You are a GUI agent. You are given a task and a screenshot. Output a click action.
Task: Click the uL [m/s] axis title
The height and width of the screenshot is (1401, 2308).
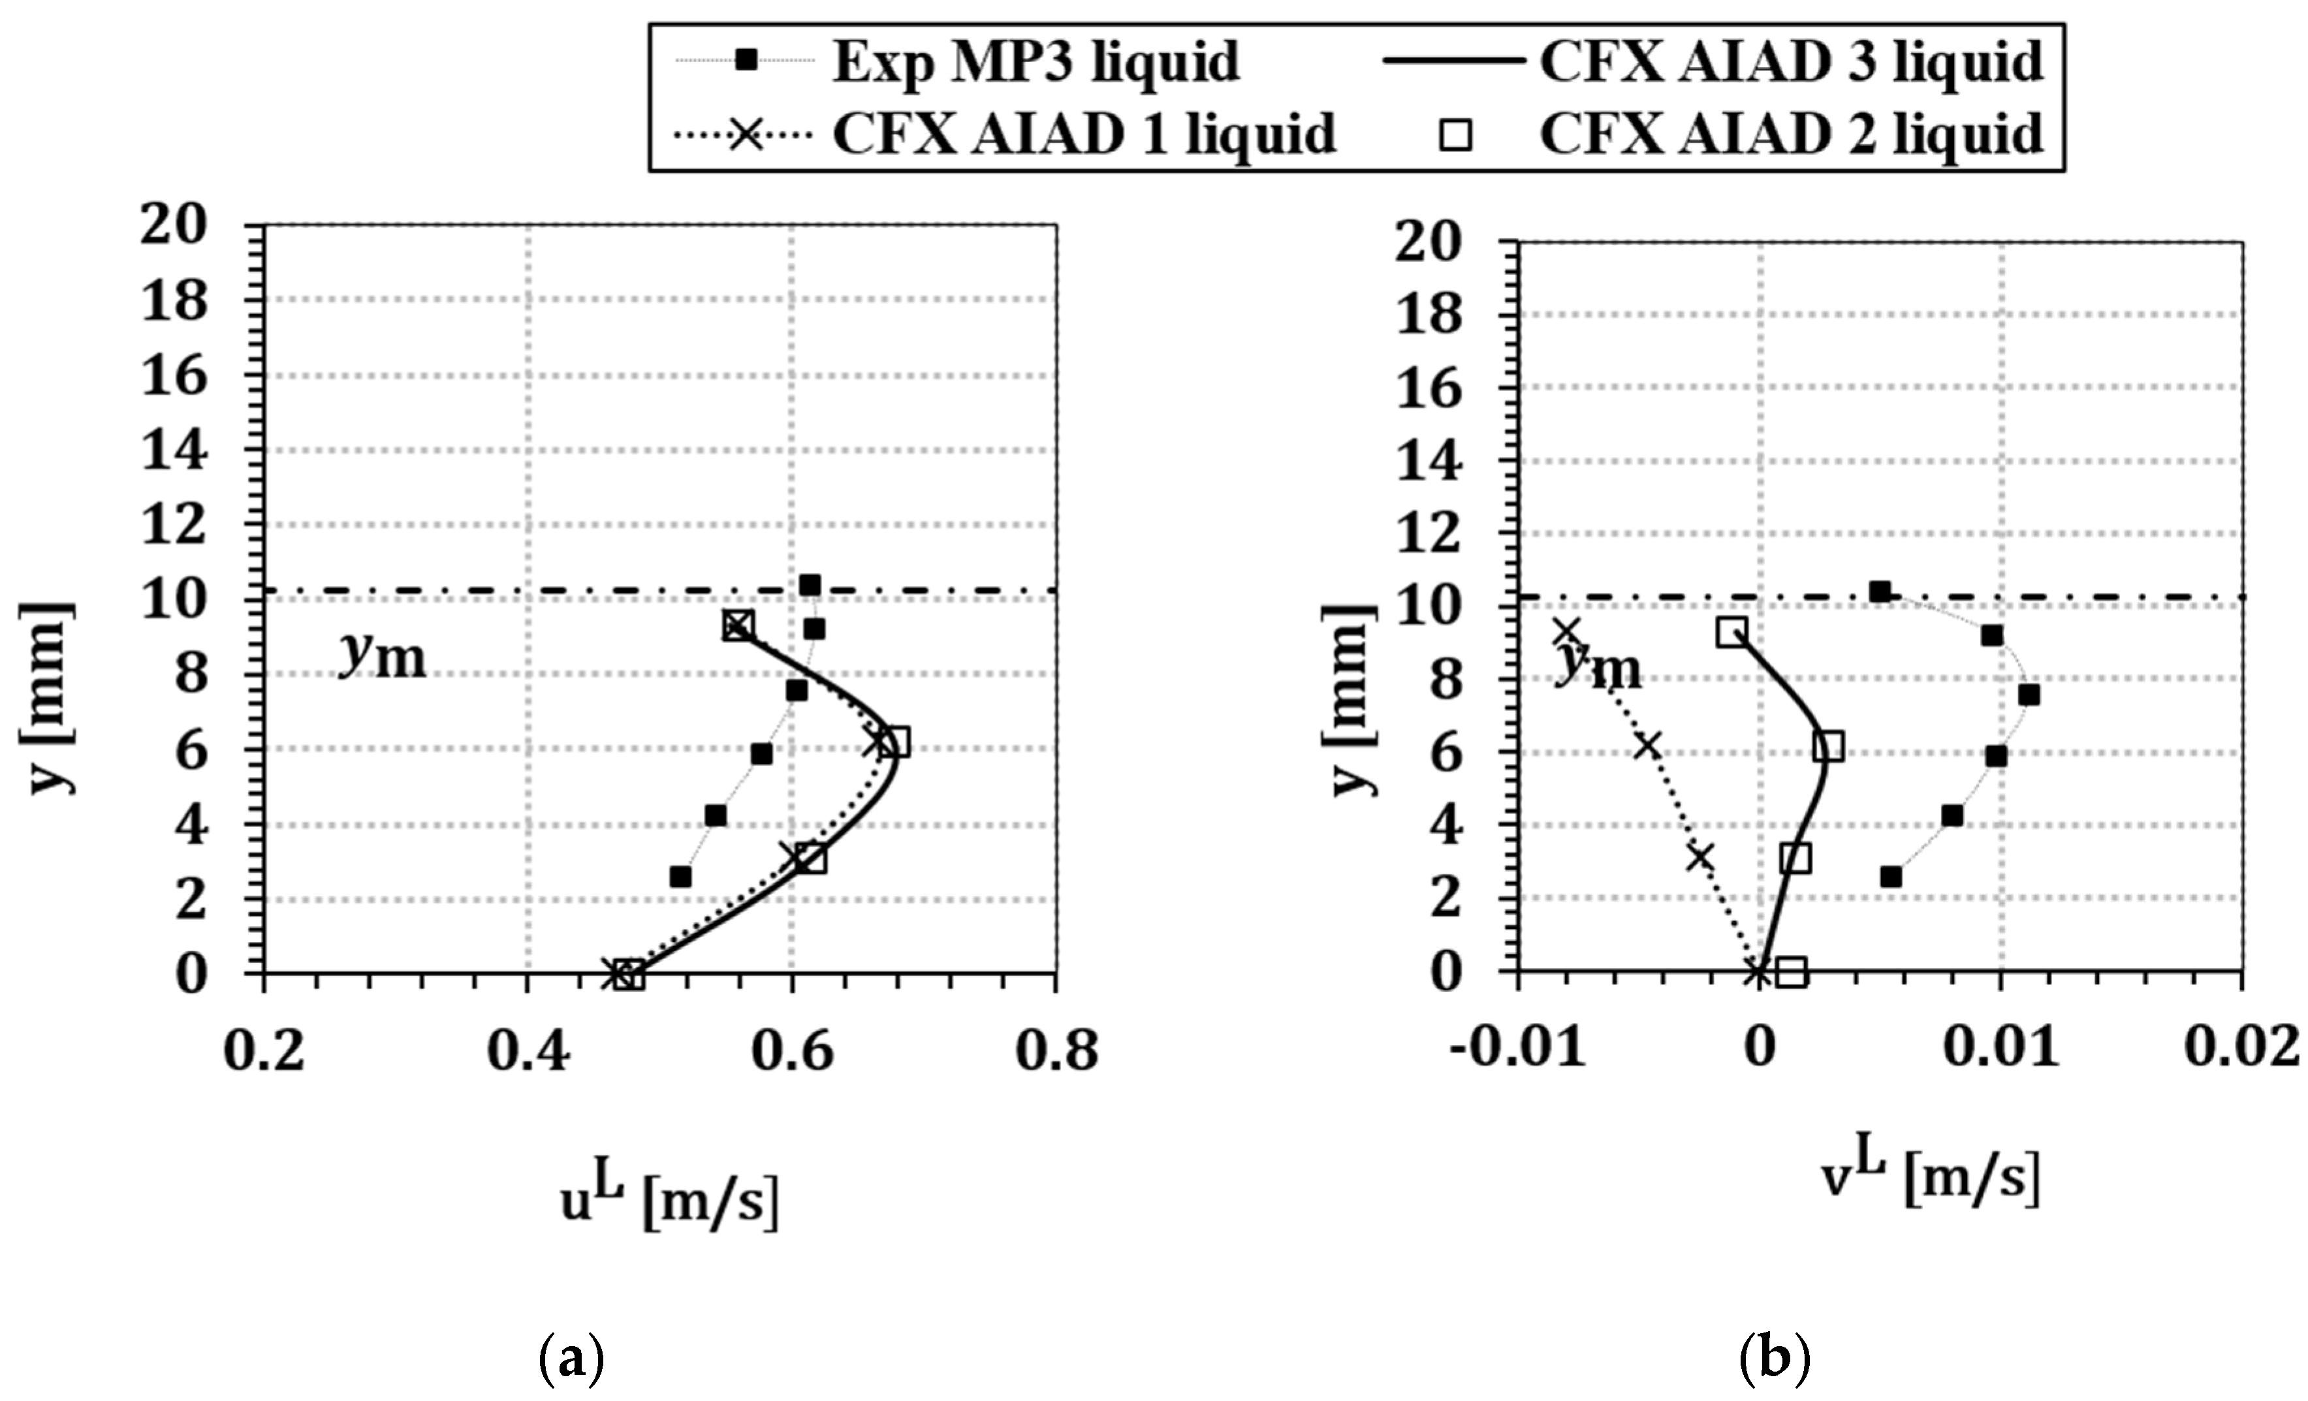click(669, 1205)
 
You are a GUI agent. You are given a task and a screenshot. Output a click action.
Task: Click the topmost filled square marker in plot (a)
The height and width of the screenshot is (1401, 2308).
click(810, 586)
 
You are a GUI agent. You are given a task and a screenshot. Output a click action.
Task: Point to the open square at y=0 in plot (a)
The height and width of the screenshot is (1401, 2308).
click(631, 975)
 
